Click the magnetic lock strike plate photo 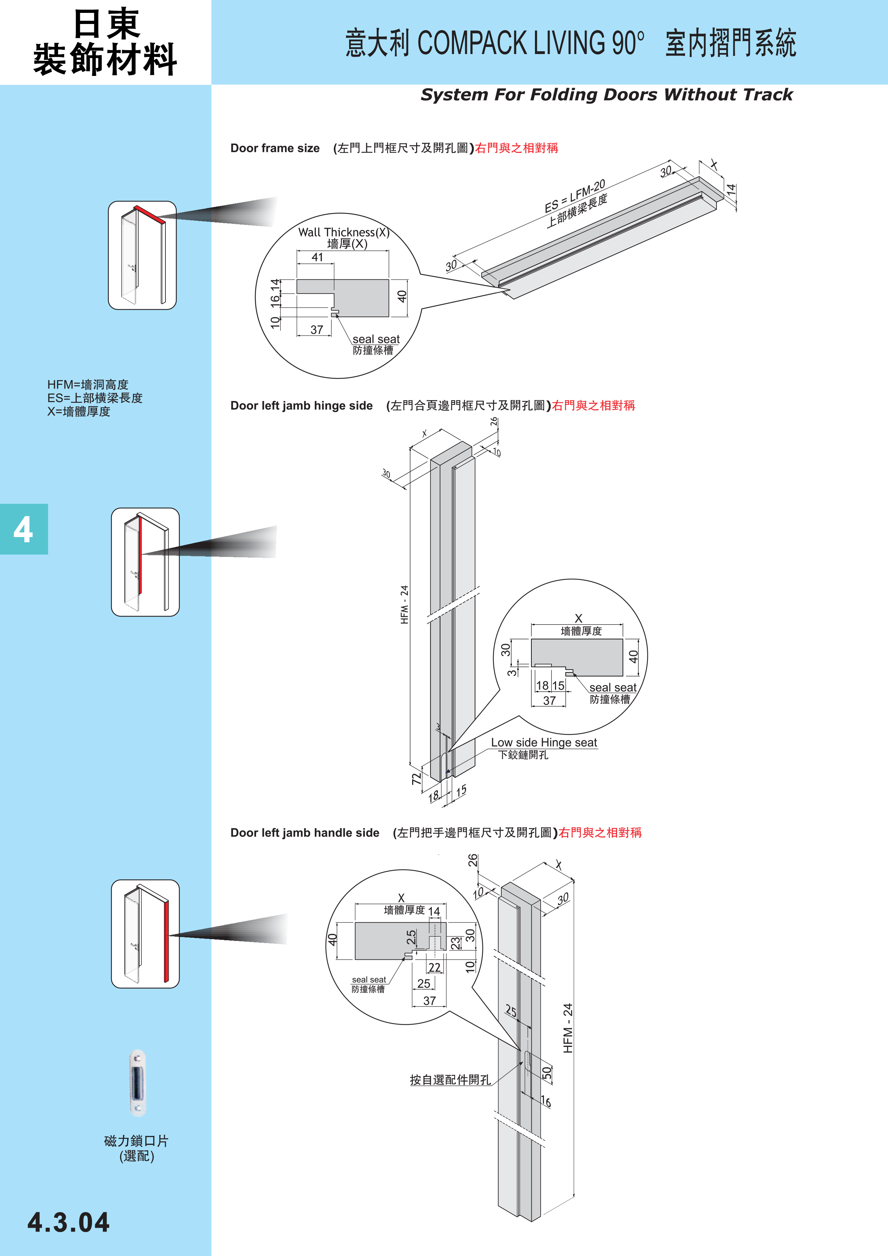pyautogui.click(x=137, y=1083)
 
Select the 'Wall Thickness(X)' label pyautogui.click(x=344, y=232)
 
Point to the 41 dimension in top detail pyautogui.click(x=317, y=257)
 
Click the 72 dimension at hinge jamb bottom pyautogui.click(x=417, y=778)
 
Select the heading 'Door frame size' pyautogui.click(x=275, y=148)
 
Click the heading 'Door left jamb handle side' pyautogui.click(x=304, y=832)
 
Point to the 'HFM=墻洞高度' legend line pyautogui.click(x=87, y=385)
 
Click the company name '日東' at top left pyautogui.click(x=106, y=24)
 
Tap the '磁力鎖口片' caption pyautogui.click(x=136, y=1141)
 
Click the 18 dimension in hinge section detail pyautogui.click(x=542, y=685)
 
